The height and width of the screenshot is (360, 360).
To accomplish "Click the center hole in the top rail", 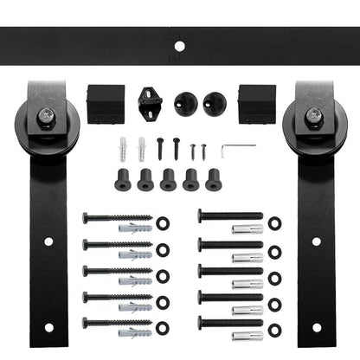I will (x=180, y=44).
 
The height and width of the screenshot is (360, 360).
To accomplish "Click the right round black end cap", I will (x=213, y=105).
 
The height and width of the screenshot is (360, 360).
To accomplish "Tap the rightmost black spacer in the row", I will (x=214, y=178).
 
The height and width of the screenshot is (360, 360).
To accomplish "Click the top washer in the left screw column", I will (x=163, y=222).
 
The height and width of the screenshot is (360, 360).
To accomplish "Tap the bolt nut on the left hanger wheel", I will (x=45, y=112).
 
